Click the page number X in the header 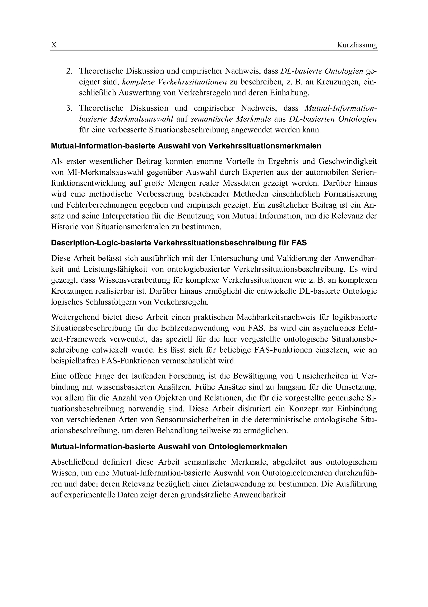[54, 45]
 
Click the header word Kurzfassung [357, 45]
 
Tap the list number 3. [69, 108]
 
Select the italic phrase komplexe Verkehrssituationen [175, 82]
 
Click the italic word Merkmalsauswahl [141, 119]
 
